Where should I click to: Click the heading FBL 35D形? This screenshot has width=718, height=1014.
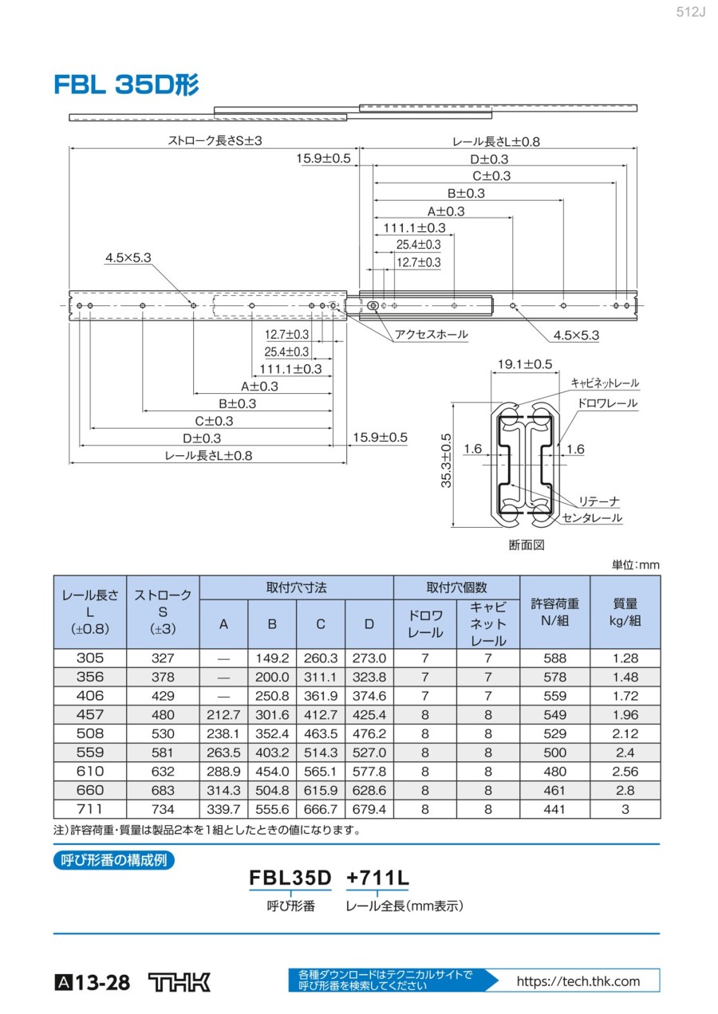(x=126, y=84)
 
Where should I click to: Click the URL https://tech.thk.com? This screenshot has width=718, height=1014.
(x=578, y=981)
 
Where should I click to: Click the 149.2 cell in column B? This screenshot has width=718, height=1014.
(x=272, y=658)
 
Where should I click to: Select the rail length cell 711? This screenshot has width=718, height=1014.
(x=90, y=809)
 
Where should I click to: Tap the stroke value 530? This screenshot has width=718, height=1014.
(x=163, y=733)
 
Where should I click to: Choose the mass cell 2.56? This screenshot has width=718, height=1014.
(x=625, y=771)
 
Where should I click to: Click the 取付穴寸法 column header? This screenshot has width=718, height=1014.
(x=296, y=588)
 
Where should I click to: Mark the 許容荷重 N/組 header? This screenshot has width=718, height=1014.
(x=554, y=611)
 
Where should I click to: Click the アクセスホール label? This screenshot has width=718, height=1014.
(x=432, y=335)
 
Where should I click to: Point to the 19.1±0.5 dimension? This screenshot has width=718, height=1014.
(x=524, y=364)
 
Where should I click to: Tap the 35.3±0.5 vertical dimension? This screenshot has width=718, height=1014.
(x=447, y=461)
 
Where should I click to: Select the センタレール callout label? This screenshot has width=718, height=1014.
(x=592, y=518)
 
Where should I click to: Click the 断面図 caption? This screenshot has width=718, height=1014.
(x=526, y=545)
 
